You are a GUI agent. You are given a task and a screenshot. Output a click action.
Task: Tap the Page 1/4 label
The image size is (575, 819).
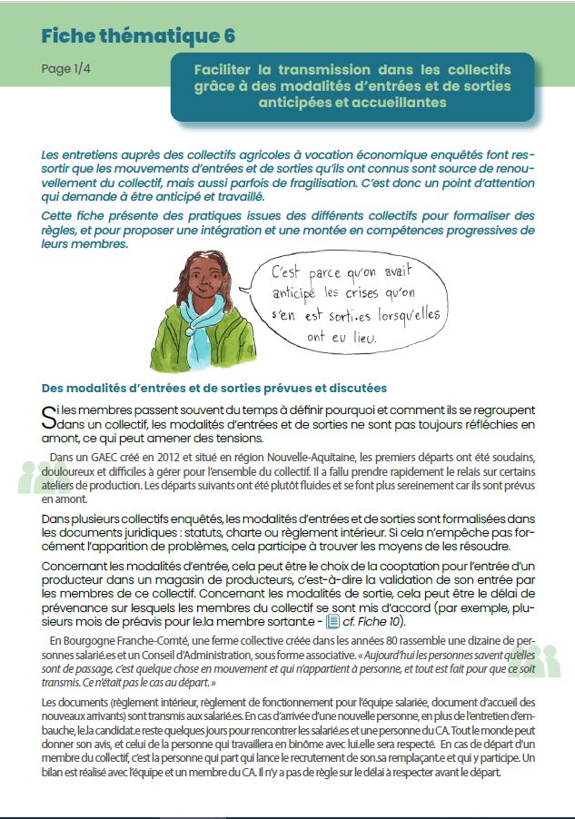tap(65, 69)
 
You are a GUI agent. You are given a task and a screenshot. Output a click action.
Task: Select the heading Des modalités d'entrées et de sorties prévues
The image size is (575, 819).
tap(214, 389)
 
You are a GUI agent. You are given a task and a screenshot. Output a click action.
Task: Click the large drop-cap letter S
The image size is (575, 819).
tap(48, 416)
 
